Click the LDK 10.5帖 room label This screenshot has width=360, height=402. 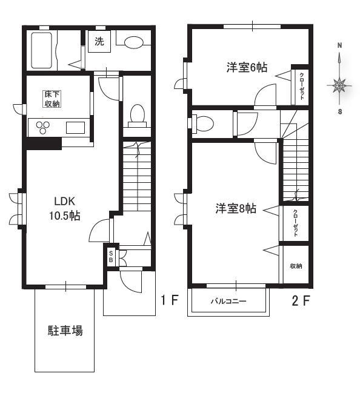[x=65, y=209]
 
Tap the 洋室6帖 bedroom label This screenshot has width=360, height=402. [x=247, y=67]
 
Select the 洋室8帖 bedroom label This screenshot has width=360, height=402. [x=236, y=208]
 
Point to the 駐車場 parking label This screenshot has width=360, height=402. [x=65, y=331]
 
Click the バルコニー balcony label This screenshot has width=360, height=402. [x=228, y=301]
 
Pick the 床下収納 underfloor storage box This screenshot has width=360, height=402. [x=52, y=99]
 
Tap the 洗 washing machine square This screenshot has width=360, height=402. [x=99, y=41]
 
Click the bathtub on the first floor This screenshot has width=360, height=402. [x=42, y=50]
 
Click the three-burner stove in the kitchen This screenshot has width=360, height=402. [x=42, y=127]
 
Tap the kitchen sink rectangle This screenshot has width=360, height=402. [x=75, y=128]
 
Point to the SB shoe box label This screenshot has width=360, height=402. [x=111, y=256]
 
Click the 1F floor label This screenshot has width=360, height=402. [x=170, y=300]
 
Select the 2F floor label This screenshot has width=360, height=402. [x=301, y=301]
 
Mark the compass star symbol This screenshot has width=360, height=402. [x=339, y=85]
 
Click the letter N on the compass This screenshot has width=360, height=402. [x=339, y=45]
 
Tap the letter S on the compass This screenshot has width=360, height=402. [x=340, y=112]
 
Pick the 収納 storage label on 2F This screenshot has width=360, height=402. [x=296, y=266]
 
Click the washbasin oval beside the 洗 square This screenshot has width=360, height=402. [x=134, y=42]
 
